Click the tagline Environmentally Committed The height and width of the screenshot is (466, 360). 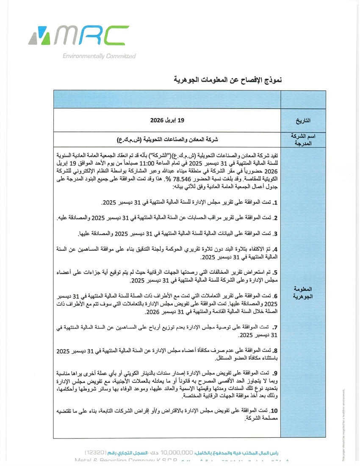point(99,56)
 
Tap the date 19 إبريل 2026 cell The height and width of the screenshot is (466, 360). point(168,121)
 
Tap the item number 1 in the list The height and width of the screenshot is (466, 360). point(275,203)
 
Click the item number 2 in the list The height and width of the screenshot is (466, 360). point(275,218)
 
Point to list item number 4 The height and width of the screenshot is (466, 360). point(275,250)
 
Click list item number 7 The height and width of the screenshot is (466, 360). point(275,327)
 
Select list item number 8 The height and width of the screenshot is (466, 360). point(275,350)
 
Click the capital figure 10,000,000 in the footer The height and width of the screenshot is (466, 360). point(177,452)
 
